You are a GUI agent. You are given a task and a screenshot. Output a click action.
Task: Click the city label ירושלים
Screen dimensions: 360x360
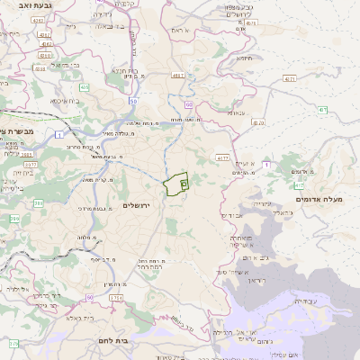pos(138,205)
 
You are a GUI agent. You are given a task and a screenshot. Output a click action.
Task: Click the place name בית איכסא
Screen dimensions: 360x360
pos(66,100)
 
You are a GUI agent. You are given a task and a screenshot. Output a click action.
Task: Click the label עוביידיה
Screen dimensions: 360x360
pos(306,301)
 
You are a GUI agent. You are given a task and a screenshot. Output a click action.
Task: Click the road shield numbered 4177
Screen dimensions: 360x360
pos(221,157)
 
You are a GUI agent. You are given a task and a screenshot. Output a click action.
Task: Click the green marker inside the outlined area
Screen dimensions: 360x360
pos(183,184)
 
